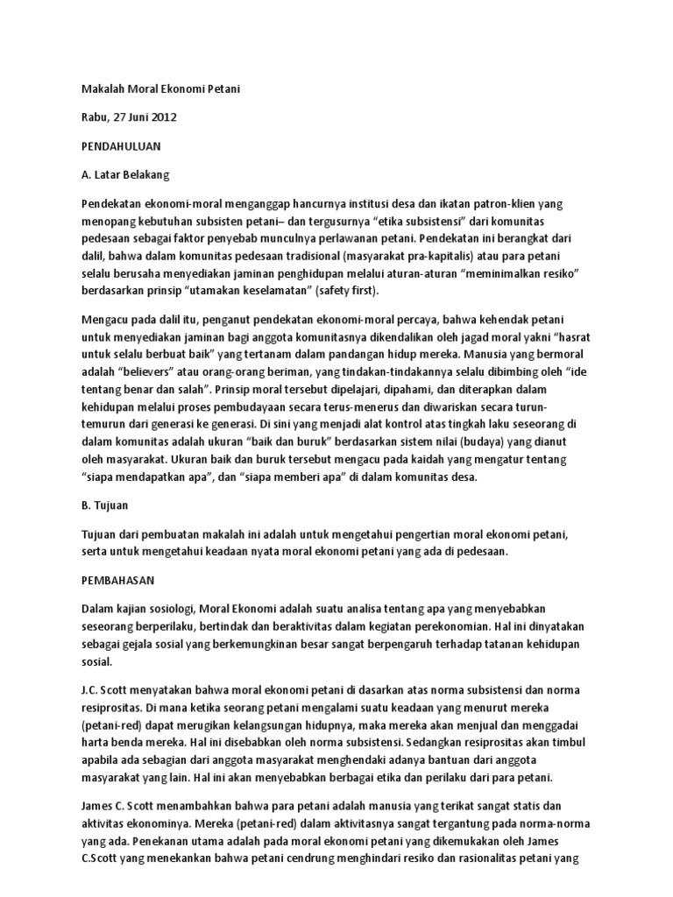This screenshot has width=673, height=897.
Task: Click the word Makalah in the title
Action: [102, 88]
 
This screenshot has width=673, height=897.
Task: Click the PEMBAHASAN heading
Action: [117, 579]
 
